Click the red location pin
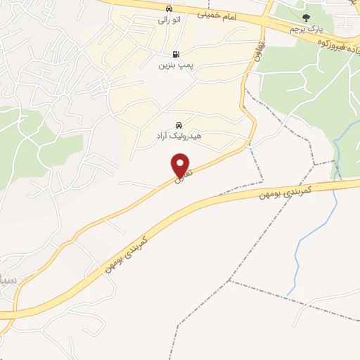click(181, 165)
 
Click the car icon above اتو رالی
click(168, 8)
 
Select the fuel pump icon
click(174, 54)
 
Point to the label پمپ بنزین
click(174, 67)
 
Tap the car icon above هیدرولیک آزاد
click(178, 125)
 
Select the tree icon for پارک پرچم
click(305, 18)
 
